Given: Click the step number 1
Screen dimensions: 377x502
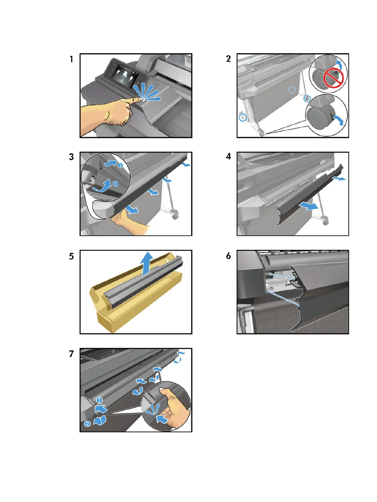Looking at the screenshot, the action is [x=71, y=59].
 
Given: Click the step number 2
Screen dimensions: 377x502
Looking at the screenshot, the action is [x=228, y=59].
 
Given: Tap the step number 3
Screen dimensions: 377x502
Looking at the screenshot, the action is [x=71, y=157].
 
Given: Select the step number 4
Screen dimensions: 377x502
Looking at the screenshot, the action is [x=228, y=156].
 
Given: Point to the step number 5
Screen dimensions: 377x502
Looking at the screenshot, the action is [x=71, y=256].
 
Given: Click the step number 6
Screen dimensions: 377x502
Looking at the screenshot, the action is [x=228, y=256].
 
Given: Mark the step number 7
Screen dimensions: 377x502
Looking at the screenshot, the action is [x=71, y=354].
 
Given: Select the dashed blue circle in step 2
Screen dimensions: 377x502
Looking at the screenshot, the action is [x=292, y=90].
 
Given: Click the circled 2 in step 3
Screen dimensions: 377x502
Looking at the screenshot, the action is [x=120, y=165].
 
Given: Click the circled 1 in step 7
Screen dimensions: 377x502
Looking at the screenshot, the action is [x=99, y=400].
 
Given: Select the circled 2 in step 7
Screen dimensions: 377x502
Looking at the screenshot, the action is [x=87, y=424].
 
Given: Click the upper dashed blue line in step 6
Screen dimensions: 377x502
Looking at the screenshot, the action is [x=282, y=276].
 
